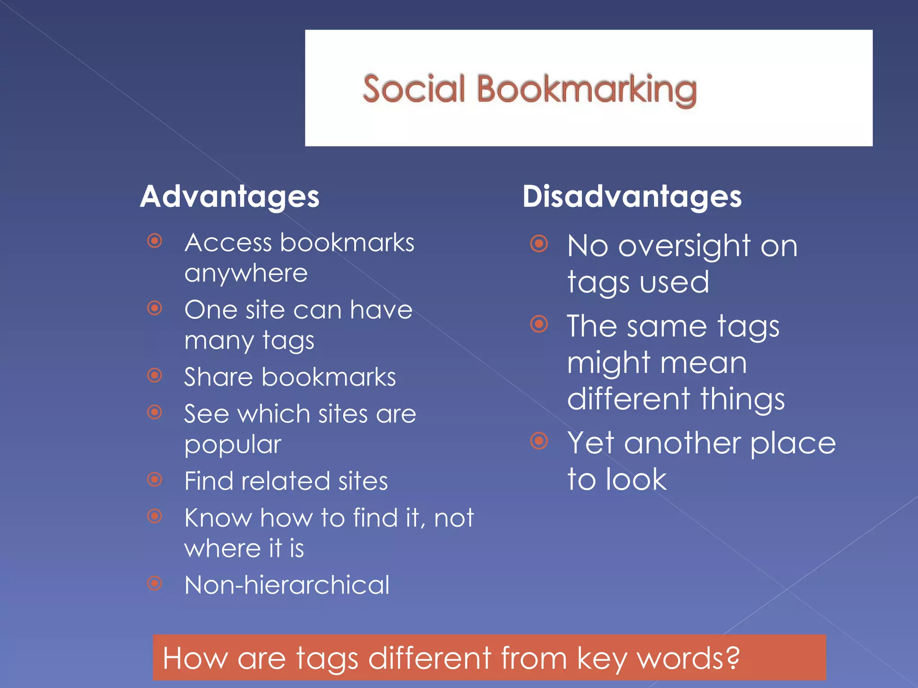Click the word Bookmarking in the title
586,90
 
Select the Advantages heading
229,197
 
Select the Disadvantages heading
632,197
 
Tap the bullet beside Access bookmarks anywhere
155,241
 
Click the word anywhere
246,273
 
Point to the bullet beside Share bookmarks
155,375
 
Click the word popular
233,445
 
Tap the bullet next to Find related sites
155,479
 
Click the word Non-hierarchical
287,585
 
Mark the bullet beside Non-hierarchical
155,583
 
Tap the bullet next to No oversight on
539,244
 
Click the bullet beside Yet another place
539,441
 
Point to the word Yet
590,443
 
